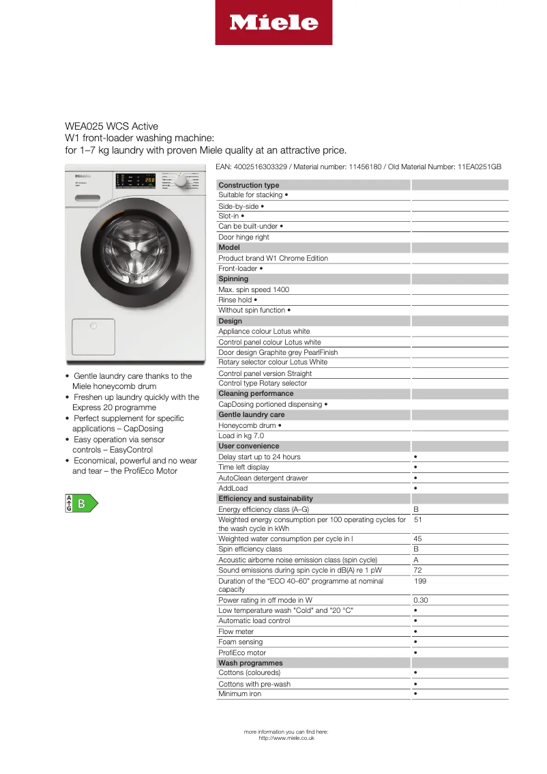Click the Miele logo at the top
[273, 23]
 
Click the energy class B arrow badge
[81, 504]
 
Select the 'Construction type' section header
[249, 185]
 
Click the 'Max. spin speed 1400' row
[254, 289]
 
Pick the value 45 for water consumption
[417, 539]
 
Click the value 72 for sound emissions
[417, 570]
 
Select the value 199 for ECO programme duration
[420, 581]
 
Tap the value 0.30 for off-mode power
[421, 601]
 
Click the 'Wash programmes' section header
[250, 663]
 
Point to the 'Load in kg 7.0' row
[241, 435]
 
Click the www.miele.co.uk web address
[286, 738]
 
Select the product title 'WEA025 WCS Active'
[111, 126]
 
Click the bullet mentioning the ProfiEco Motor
[134, 465]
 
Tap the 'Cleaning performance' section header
[256, 393]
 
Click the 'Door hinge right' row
[243, 237]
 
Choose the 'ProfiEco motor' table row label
[242, 653]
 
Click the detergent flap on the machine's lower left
[92, 336]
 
